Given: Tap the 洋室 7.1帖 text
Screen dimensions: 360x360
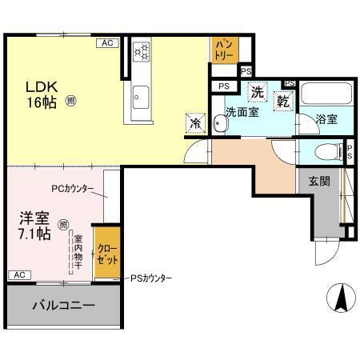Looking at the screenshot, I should click(x=34, y=226).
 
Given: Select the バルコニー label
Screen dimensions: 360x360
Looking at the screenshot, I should click(x=64, y=305).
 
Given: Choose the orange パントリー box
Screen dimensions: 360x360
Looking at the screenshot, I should click(x=223, y=50).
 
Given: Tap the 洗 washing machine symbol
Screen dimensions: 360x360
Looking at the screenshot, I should click(x=258, y=93).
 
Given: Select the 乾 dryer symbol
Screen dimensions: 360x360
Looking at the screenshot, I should click(x=283, y=101).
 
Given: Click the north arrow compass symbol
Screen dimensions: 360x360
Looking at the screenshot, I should click(x=339, y=299).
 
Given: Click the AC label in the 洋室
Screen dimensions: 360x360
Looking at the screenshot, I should click(x=17, y=274).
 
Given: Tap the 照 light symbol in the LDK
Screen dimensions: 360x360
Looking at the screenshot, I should click(x=71, y=102).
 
